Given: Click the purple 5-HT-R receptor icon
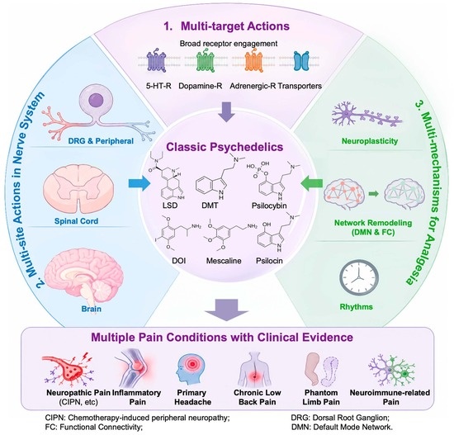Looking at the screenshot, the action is (x=157, y=62).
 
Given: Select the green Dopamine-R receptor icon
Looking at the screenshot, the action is (x=206, y=61).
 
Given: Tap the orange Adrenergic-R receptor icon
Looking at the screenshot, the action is (x=254, y=61).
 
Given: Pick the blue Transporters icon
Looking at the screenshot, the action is (x=301, y=61).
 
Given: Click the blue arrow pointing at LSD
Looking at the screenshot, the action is (x=140, y=183).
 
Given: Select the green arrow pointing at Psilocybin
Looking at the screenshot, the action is (x=311, y=183).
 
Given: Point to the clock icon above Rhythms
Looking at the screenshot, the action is (x=359, y=277).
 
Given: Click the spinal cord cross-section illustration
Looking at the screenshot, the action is (x=78, y=191).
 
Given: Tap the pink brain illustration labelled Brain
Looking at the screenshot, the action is (x=85, y=276).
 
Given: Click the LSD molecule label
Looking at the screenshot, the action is (x=170, y=206).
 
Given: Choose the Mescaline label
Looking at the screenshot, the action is (x=224, y=261).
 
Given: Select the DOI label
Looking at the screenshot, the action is (x=178, y=261).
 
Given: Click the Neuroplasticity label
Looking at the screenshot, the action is (x=370, y=141).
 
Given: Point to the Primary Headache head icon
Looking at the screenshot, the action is (x=192, y=368).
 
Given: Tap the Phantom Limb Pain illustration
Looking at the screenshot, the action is (x=321, y=370).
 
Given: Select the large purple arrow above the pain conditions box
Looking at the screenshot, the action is (x=226, y=310).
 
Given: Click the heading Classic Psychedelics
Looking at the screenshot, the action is (x=225, y=147).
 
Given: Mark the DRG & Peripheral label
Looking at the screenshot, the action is (x=101, y=141).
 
